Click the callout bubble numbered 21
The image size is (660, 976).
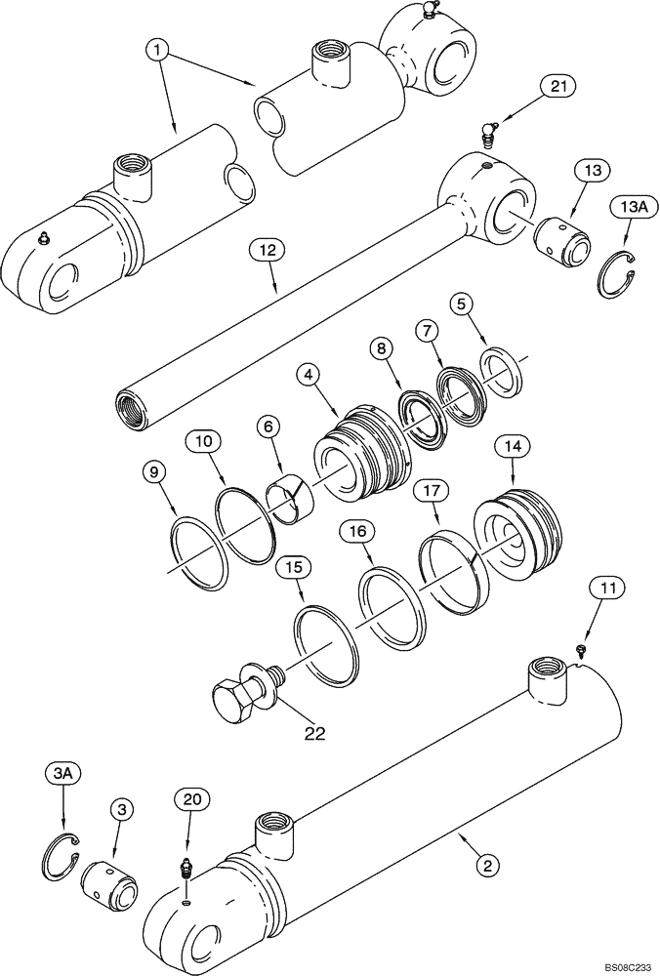pyautogui.click(x=557, y=89)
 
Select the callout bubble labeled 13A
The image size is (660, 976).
pyautogui.click(x=629, y=207)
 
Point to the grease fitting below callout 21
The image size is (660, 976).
pyautogui.click(x=492, y=130)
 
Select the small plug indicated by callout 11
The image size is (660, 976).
pyautogui.click(x=583, y=649)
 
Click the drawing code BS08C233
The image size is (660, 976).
pyautogui.click(x=617, y=963)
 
